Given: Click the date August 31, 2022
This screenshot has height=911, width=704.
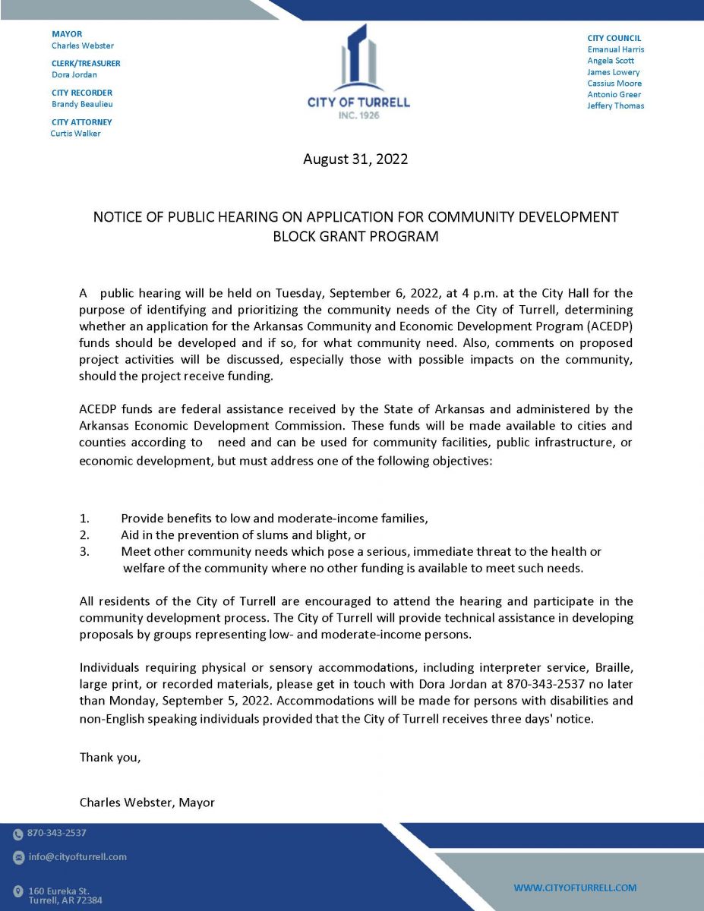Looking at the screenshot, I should [x=355, y=159].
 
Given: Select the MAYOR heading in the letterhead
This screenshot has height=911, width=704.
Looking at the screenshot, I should [x=67, y=34].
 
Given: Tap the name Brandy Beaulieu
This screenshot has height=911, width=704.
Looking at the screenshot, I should [x=82, y=104].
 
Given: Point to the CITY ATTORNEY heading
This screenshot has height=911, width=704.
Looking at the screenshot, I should [x=82, y=122].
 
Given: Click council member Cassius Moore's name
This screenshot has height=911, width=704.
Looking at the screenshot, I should [x=614, y=84].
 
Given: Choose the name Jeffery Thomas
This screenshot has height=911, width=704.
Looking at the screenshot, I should [x=615, y=106].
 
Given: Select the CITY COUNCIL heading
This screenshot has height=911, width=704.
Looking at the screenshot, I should [x=614, y=38].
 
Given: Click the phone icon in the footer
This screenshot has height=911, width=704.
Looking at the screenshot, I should [x=18, y=834].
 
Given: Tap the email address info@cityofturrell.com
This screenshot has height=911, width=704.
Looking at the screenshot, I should [x=77, y=857].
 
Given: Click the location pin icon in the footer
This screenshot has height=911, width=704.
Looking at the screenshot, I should [x=18, y=891].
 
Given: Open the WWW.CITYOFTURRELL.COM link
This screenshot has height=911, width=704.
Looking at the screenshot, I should [x=575, y=887].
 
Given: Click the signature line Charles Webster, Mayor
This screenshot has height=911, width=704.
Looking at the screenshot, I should [x=147, y=802].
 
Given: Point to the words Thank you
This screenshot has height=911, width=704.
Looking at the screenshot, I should [x=110, y=757].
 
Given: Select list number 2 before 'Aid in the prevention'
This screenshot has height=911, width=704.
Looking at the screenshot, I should [x=84, y=535].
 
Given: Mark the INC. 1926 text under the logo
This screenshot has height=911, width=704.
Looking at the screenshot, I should [x=358, y=115].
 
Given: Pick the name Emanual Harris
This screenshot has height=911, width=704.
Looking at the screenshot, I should [x=616, y=49].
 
